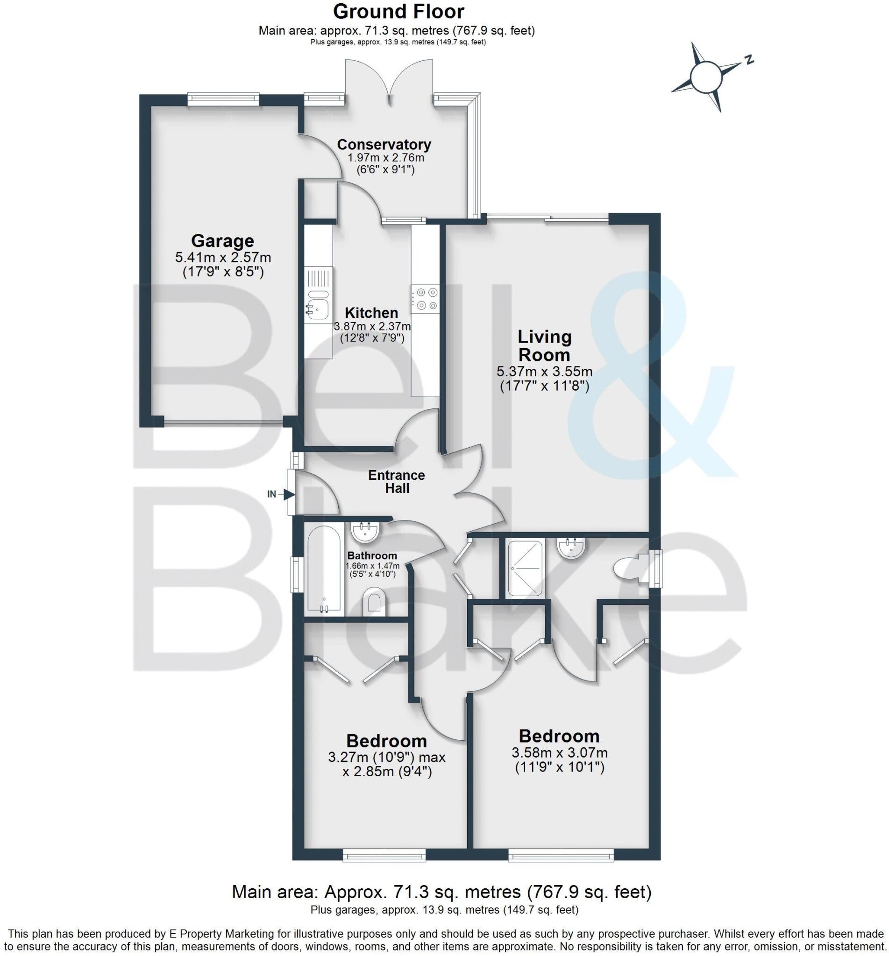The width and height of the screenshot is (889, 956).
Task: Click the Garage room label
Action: (x=222, y=240)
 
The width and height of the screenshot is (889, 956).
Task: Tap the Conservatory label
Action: (x=384, y=144)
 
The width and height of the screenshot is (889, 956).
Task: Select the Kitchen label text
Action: (x=371, y=313)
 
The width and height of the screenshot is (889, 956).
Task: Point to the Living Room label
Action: (x=544, y=345)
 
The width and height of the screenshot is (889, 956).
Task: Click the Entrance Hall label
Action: (x=397, y=482)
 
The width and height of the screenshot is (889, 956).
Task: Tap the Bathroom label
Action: (x=372, y=555)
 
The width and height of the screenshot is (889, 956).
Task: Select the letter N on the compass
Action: (x=748, y=60)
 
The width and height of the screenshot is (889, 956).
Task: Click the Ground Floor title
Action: (x=398, y=12)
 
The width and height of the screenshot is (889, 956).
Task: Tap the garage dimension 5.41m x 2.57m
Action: (x=223, y=258)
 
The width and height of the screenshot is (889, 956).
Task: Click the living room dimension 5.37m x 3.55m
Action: (x=544, y=371)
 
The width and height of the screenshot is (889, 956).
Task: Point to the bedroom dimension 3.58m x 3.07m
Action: (x=559, y=752)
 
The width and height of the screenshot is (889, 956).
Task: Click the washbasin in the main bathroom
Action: (x=366, y=532)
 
